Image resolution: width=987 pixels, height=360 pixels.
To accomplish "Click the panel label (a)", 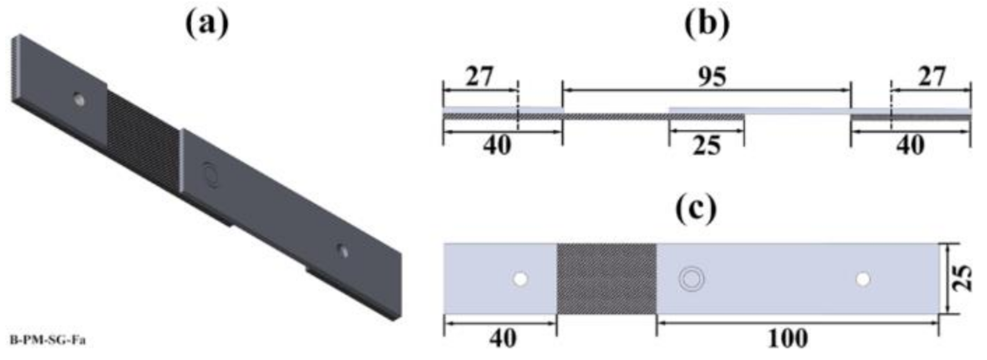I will click(x=207, y=23).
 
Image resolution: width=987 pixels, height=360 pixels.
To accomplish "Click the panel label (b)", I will click(x=707, y=23).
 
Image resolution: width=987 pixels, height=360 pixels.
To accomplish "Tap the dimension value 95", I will click(x=712, y=78).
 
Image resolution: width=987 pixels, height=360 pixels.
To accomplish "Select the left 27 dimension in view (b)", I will click(x=480, y=78).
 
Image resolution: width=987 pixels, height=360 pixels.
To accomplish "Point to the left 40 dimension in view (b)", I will click(x=496, y=146).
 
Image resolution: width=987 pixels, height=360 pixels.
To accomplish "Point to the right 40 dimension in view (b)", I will click(x=910, y=146).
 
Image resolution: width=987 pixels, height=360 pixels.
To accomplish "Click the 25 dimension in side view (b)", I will click(x=707, y=146).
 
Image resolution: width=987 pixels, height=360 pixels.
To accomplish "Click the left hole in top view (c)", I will click(x=520, y=280).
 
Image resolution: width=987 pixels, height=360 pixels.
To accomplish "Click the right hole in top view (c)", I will click(x=863, y=280).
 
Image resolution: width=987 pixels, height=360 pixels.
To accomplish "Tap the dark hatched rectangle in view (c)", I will click(x=606, y=279).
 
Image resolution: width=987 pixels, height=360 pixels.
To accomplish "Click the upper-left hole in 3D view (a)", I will click(x=79, y=99).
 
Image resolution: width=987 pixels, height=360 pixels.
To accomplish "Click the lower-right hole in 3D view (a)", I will click(x=342, y=251).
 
